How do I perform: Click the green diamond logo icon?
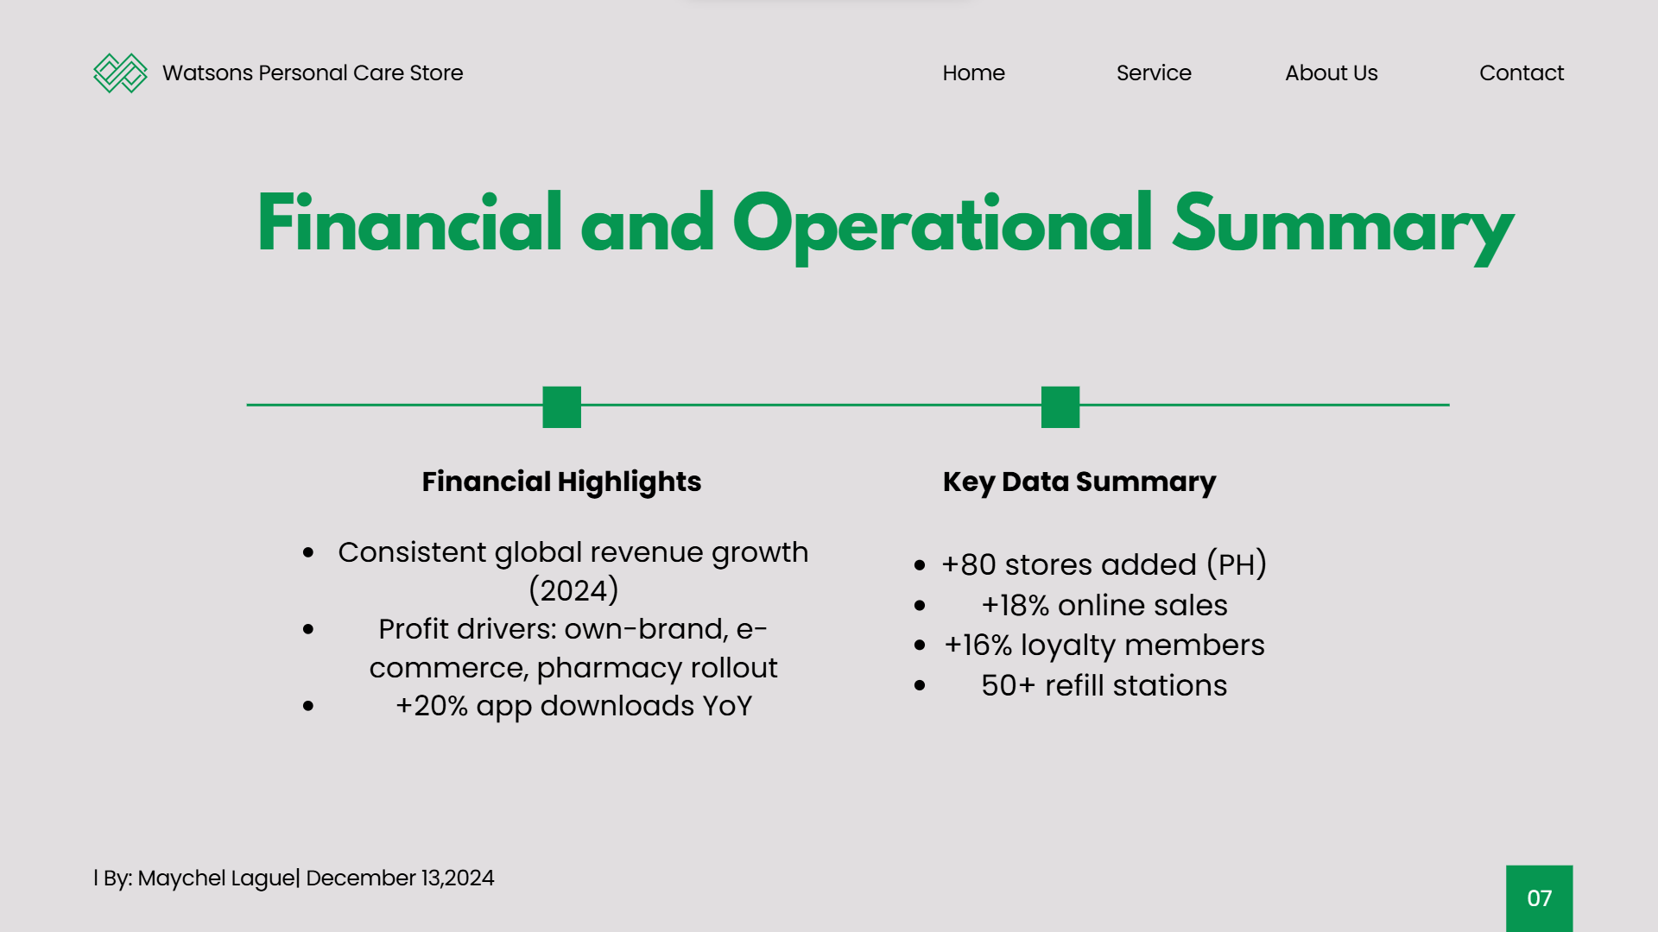(x=120, y=73)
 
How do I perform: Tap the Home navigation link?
(x=973, y=73)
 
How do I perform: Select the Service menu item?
(x=1154, y=73)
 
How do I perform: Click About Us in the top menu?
(x=1331, y=73)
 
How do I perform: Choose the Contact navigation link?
(x=1522, y=73)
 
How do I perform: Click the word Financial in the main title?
(x=410, y=223)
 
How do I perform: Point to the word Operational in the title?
(x=942, y=226)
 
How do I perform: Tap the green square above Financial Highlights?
(x=561, y=406)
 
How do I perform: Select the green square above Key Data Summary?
(x=1060, y=406)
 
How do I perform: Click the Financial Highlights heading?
(x=561, y=482)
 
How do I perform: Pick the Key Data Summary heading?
(x=1079, y=482)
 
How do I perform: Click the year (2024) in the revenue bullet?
(x=573, y=590)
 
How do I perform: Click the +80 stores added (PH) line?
(x=1104, y=564)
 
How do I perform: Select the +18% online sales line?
(x=1104, y=605)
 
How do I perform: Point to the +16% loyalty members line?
(x=1104, y=645)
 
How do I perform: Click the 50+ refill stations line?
(x=1104, y=685)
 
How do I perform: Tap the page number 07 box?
(x=1539, y=898)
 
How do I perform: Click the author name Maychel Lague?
(x=216, y=878)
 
